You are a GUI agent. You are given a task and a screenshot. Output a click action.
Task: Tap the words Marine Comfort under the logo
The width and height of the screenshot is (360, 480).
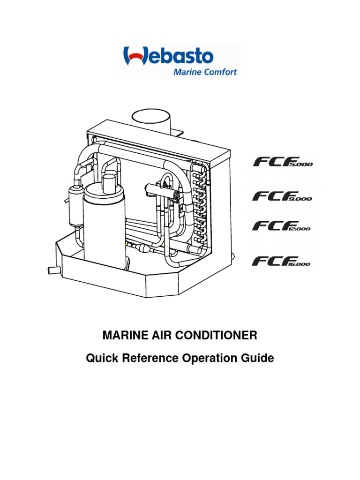(205, 72)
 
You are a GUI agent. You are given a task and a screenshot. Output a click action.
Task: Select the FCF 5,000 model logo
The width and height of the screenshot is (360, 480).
(283, 162)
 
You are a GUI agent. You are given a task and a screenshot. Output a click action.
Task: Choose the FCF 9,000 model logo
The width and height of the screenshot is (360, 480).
(282, 195)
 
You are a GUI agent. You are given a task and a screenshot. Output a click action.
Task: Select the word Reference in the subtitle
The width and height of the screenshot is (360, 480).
(149, 359)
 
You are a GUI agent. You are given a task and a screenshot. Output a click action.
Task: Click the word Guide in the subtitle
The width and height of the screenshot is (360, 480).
(257, 359)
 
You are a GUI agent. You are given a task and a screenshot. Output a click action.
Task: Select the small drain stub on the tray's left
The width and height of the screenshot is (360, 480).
(51, 270)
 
